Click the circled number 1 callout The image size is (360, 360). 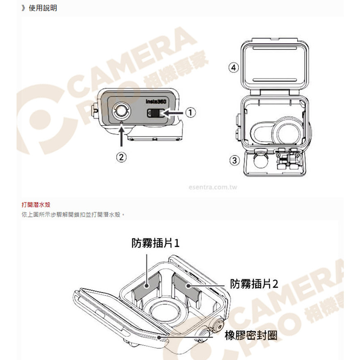190,113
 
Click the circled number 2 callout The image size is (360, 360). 121,157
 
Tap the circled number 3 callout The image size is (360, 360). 234,160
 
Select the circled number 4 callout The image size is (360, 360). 234,68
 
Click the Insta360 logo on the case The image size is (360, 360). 156,102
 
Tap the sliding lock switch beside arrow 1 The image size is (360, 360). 156,113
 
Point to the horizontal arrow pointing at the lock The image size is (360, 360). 173,113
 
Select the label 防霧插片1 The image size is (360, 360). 156,243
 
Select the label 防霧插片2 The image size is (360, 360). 254,284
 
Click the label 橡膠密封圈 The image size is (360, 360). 251,336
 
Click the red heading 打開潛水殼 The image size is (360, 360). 36,205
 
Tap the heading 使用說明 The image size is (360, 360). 43,8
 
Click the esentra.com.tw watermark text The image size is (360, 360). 213,187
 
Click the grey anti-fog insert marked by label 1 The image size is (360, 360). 147,286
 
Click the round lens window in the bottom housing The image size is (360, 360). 163,311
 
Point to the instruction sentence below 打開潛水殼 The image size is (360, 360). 73,215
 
